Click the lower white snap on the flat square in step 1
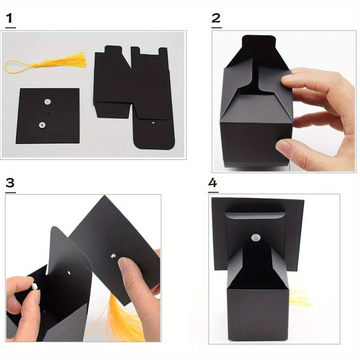[43, 125]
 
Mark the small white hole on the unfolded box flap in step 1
[153, 123]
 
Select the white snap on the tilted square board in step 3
[113, 256]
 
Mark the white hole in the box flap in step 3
[69, 272]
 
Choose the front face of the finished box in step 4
[257, 313]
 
